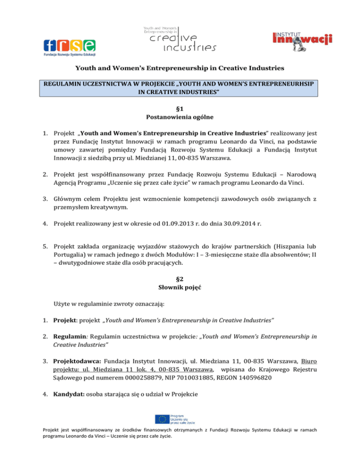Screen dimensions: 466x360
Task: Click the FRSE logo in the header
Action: tap(69, 47)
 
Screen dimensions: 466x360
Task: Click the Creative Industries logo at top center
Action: tap(180, 39)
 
